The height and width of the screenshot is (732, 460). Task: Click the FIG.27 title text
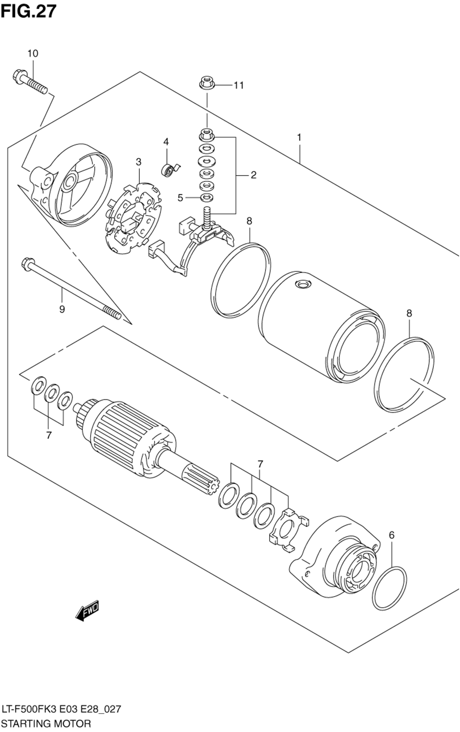[29, 11]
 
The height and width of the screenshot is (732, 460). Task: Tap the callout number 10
[33, 53]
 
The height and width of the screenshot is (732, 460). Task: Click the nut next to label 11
[207, 84]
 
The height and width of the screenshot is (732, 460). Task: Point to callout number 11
[238, 85]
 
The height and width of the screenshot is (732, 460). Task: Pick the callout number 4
[166, 142]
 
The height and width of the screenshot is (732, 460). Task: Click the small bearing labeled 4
[168, 170]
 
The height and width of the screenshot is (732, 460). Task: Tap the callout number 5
[180, 198]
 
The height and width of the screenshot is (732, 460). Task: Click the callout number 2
[253, 175]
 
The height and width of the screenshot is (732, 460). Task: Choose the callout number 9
[62, 309]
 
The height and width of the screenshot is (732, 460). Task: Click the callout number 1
[299, 137]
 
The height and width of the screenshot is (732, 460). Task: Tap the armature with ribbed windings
[129, 438]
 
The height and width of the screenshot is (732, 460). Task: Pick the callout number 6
[391, 535]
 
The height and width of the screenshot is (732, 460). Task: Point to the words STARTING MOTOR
[46, 723]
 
